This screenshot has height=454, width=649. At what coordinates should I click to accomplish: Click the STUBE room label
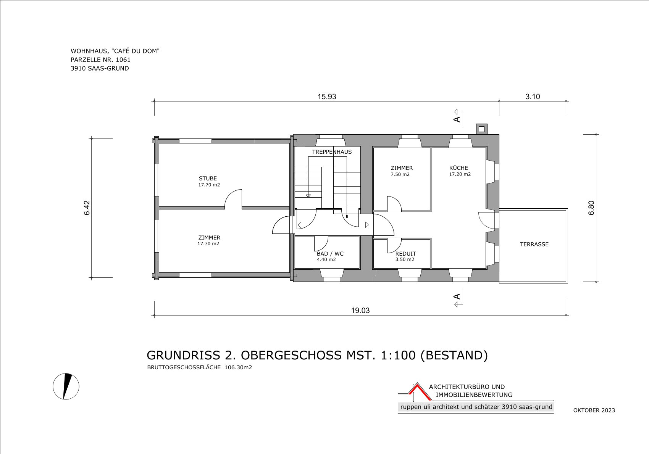208,179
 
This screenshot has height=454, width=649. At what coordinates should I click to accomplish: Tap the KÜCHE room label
458,168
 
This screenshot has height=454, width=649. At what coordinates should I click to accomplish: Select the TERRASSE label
534,245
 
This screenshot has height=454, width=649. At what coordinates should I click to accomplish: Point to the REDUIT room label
405,254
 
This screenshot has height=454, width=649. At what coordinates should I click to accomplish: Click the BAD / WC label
330,254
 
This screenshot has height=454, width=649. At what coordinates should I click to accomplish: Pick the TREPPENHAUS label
332,152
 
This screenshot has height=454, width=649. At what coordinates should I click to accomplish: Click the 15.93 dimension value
327,97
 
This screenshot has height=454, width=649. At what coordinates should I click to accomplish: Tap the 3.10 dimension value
533,97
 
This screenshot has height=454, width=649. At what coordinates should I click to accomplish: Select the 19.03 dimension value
360,311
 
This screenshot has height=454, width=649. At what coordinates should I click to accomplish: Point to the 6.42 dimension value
87,208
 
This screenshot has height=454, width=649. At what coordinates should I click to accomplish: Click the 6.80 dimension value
591,208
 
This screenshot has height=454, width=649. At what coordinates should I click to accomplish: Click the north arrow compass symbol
66,386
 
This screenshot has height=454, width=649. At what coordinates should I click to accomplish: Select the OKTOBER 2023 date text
594,410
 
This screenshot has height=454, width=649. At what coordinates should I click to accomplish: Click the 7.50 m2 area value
400,174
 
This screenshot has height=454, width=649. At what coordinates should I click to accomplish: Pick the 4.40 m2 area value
326,259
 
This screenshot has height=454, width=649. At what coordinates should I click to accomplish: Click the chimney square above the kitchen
481,129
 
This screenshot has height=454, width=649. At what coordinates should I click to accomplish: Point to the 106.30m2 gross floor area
238,368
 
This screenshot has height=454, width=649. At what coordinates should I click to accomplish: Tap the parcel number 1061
123,60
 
